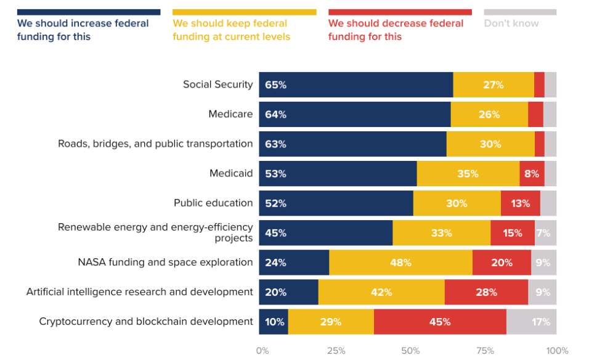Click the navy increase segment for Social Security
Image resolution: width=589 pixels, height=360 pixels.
point(355,84)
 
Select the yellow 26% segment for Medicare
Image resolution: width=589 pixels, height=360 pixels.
point(489,115)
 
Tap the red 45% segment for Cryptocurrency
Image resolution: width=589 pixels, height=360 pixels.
point(440,322)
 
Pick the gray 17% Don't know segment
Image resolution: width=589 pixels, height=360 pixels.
point(531,322)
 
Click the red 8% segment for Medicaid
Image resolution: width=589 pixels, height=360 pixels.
point(532,174)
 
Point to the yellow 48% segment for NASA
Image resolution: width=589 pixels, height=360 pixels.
point(400,263)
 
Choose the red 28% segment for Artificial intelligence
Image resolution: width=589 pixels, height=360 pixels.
point(486,292)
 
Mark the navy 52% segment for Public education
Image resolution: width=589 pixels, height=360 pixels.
point(336,203)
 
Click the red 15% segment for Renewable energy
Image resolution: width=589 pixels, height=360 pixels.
point(513,233)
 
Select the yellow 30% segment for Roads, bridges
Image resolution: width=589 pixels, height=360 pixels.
point(490,144)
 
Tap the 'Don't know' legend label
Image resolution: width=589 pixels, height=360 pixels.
point(511,23)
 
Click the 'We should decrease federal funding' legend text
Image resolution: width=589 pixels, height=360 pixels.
point(396,30)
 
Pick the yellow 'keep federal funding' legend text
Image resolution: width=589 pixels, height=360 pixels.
point(231,30)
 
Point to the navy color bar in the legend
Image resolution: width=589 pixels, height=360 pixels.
point(89,12)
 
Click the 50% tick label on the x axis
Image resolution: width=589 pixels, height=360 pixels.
point(410,351)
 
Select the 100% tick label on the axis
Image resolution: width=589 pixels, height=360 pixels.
point(557,351)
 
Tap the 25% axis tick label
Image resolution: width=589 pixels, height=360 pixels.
point(336,351)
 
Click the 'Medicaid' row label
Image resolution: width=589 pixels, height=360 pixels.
point(231,174)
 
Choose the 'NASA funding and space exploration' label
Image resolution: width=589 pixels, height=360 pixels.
point(165,263)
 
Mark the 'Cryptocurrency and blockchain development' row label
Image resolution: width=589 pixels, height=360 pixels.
point(146,322)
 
